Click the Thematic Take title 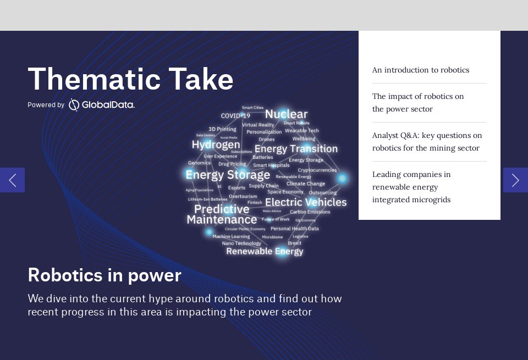130,79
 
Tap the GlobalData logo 102,104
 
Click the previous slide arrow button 12,180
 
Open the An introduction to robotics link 420,70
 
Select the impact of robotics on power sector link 418,103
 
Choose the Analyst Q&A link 427,142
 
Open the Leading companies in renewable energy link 411,187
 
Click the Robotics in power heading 105,275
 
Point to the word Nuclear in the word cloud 286,114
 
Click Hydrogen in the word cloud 216,145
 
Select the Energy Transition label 296,149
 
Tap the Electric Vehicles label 306,202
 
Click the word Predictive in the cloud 222,209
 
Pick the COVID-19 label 235,116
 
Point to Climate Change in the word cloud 306,184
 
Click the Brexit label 294,243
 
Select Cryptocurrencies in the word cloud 317,170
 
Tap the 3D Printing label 222,129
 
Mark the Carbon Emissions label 310,212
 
